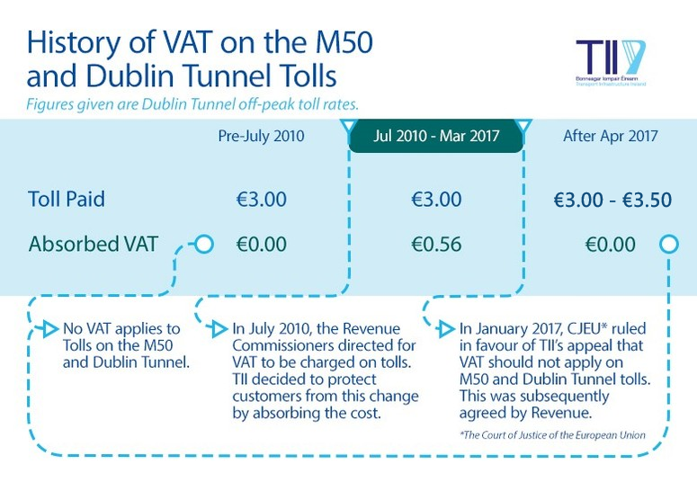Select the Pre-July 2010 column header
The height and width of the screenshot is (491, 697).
click(x=261, y=136)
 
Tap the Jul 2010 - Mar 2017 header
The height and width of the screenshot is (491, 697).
click(x=436, y=136)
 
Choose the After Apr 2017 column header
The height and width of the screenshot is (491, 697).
click(x=611, y=136)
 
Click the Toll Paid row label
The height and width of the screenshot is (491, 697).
click(x=67, y=199)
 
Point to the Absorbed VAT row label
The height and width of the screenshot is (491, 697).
click(x=94, y=244)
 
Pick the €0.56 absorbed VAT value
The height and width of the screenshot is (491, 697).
click(x=436, y=244)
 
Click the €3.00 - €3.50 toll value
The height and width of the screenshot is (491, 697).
click(x=612, y=200)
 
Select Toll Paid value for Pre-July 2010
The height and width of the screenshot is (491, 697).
click(x=262, y=199)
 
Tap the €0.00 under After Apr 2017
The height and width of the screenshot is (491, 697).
click(x=611, y=245)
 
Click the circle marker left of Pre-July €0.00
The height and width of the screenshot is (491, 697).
click(x=204, y=244)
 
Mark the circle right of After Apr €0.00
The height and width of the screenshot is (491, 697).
click(x=669, y=244)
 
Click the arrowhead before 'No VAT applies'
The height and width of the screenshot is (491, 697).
click(x=50, y=329)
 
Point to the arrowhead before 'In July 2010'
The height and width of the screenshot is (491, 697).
click(x=219, y=329)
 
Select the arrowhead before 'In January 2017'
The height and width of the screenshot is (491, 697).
click(x=446, y=329)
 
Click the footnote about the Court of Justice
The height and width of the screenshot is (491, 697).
click(x=552, y=435)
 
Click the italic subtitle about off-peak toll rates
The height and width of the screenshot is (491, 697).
click(x=192, y=104)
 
